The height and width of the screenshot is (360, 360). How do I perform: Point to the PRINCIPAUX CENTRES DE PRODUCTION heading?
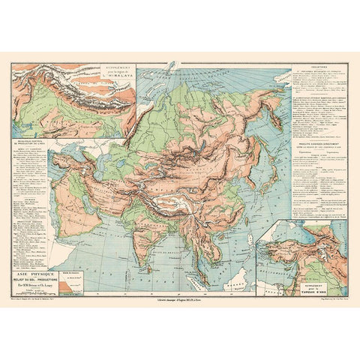[35, 139]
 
